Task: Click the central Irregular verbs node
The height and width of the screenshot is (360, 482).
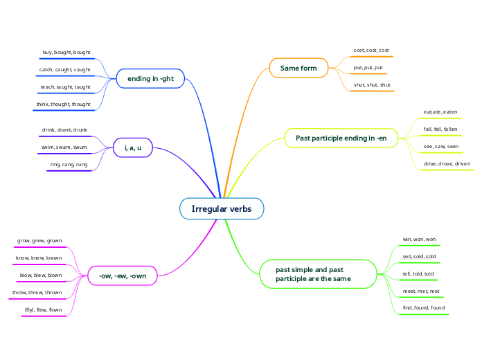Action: tap(222, 208)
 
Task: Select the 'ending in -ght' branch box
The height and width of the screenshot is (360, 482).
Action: tap(150, 79)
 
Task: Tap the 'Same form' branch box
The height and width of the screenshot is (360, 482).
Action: tap(298, 68)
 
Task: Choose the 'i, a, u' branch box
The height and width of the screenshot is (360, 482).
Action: tap(133, 147)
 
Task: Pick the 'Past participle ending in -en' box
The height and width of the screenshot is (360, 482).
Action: tap(341, 138)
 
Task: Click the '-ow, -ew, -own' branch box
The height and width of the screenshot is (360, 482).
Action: tap(123, 276)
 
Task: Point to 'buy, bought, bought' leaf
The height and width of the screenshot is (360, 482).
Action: tap(72, 53)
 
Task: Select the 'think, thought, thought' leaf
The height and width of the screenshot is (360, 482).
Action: tap(64, 105)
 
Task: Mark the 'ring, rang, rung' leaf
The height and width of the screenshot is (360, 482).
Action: tap(69, 165)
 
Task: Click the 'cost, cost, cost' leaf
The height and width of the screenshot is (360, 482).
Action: tap(371, 51)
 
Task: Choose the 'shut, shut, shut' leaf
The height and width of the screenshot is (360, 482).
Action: tap(372, 85)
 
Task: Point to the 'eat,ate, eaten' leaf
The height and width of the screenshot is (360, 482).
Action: tap(440, 111)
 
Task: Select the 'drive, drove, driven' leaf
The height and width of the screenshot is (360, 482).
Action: tap(447, 164)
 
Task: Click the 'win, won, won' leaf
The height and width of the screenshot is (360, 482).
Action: tap(419, 240)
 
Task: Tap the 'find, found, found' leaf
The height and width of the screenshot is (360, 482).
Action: tap(424, 307)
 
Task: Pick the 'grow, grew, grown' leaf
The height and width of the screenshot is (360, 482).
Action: tap(39, 241)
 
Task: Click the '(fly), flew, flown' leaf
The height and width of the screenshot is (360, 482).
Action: tap(44, 309)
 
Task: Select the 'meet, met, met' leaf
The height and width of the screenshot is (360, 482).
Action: tap(421, 291)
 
